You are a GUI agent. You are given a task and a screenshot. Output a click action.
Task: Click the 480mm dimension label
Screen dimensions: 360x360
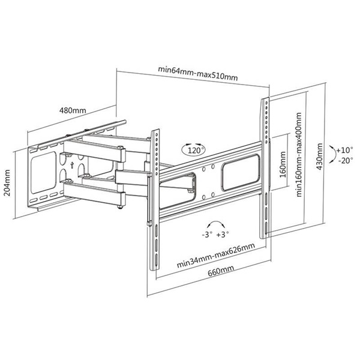(x=73, y=110)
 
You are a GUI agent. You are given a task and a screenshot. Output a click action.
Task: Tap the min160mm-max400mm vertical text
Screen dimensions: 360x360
(x=298, y=155)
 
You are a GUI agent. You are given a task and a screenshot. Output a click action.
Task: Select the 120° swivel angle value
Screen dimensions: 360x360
(x=196, y=151)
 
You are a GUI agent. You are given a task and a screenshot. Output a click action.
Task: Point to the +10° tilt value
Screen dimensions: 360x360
(x=345, y=149)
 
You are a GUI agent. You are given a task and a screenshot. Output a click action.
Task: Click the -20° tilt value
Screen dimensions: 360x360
(x=345, y=160)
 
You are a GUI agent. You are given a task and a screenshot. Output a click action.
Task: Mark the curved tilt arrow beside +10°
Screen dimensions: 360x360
(x=333, y=154)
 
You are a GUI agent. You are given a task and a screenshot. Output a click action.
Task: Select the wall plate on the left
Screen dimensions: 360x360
(x=45, y=174)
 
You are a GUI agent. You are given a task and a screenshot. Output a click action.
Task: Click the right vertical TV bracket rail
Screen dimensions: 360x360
(x=265, y=168)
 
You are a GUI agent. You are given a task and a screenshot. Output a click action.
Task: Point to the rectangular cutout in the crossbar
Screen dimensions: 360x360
(x=242, y=170)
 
